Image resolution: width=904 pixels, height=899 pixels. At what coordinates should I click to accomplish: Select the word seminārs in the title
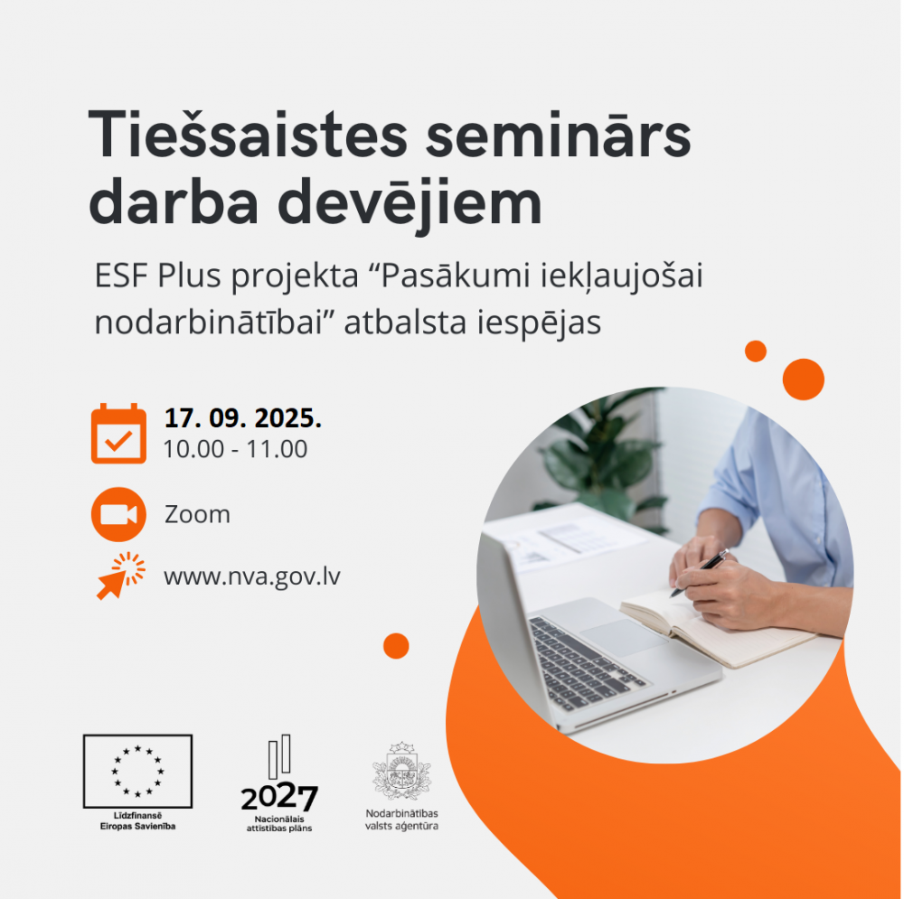559,136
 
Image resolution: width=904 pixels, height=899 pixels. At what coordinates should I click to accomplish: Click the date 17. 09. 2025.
242,417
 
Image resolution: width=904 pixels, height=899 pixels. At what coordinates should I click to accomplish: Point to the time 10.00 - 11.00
235,449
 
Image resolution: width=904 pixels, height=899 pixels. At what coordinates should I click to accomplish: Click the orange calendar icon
118,434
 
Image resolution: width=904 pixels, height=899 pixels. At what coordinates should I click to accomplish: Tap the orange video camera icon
118,514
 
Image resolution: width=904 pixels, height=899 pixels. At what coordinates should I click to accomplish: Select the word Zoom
197,514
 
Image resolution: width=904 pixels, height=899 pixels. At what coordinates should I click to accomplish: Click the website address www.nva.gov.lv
252,576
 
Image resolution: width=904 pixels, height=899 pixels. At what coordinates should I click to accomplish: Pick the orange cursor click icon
120,576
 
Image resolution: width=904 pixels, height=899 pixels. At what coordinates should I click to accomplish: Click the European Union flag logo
137,771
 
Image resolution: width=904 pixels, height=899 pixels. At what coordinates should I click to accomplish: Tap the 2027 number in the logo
279,798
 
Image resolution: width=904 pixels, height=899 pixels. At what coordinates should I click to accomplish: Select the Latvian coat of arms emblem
401,771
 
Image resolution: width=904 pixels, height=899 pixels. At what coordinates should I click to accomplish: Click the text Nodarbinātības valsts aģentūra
401,819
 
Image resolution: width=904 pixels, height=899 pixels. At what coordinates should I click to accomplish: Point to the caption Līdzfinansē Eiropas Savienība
137,820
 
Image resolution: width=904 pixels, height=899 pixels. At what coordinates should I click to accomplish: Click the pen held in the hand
700,573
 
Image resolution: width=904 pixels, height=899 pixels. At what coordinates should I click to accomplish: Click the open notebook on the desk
715,628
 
